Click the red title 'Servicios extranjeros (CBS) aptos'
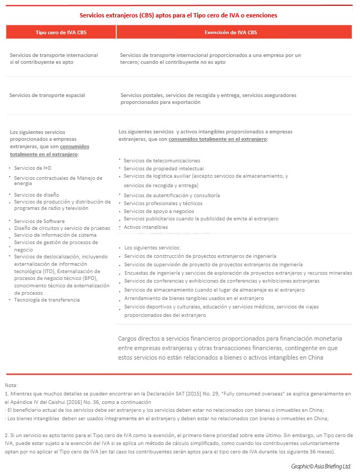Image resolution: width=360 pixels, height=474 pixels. point(178,15)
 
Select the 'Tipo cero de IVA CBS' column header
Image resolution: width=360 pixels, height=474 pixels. point(61,32)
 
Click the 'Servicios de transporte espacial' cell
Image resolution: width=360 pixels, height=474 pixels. point(47,95)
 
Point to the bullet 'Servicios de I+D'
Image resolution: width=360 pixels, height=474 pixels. point(33,168)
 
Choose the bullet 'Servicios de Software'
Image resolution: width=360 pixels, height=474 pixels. point(40,221)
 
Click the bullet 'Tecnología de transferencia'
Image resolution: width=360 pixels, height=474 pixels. point(47,299)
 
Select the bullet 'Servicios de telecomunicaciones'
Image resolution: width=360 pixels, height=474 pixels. point(162,160)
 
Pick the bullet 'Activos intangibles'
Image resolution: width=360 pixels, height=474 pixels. point(146,227)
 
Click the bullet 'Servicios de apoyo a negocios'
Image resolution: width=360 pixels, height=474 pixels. point(159,211)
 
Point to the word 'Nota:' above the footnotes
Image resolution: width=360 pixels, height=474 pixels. point(11,386)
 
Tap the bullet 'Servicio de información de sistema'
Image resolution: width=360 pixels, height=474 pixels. point(55,235)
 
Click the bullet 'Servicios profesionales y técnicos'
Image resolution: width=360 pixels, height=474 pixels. point(163,203)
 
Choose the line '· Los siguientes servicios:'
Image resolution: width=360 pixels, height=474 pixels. point(152,247)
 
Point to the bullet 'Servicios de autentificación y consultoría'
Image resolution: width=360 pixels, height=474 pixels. point(172,195)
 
